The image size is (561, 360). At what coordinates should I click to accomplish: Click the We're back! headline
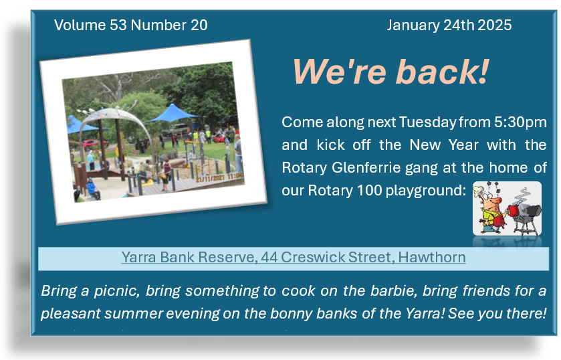390,72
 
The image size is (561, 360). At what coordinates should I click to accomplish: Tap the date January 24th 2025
449,25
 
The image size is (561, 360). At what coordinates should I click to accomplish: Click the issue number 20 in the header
199,25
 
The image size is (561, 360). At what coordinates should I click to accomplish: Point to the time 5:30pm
520,122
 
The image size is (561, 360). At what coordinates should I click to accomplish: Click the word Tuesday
427,122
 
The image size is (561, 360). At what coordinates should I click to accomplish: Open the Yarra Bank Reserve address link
294,257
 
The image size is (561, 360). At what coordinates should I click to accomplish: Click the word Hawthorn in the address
432,257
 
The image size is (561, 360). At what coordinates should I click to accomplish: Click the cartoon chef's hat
478,191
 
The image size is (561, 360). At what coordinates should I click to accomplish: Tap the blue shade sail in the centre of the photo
173,113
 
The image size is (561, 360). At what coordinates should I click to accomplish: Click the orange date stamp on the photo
219,177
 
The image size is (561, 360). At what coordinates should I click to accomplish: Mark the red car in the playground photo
94,145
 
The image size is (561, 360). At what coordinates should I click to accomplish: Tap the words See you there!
497,313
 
